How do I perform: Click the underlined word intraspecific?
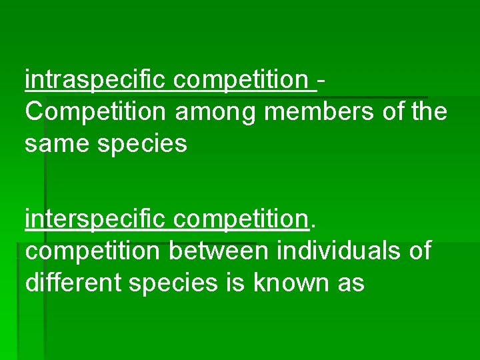(x=97, y=81)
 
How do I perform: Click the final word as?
(x=352, y=283)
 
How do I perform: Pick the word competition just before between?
(x=93, y=251)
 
